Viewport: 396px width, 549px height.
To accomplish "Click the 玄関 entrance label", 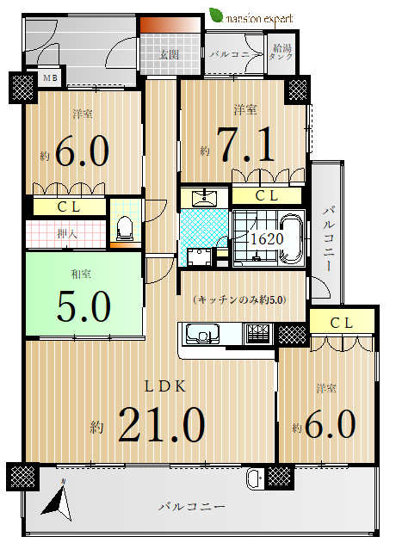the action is point(170,54).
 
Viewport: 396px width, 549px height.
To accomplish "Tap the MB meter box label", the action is point(50,78).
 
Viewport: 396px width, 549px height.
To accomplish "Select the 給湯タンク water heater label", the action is point(282,52).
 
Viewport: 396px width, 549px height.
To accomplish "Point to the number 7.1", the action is point(245,145).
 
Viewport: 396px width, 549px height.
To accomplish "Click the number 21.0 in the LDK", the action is point(162,424).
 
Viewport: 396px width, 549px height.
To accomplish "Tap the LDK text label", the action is point(165,386).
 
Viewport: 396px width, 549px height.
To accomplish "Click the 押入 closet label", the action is point(67,233).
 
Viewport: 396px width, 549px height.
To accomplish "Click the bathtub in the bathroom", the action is point(291,239).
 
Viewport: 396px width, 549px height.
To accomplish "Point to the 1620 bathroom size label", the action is point(267,238).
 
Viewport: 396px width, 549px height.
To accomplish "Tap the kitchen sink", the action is point(202,334).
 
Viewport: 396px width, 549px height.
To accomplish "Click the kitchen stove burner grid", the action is point(258,334).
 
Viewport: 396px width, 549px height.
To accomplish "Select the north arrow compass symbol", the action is point(59,501).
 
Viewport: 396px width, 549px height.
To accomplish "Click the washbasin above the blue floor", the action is point(205,197).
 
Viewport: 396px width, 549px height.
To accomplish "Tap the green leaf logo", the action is point(216,15).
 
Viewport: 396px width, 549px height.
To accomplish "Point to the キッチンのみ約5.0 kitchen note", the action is point(240,300).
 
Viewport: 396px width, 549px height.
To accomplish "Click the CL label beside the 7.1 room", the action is point(267,196).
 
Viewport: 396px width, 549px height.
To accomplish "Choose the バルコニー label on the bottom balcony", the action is point(191,507).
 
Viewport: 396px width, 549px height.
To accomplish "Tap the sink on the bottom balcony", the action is point(254,478).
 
